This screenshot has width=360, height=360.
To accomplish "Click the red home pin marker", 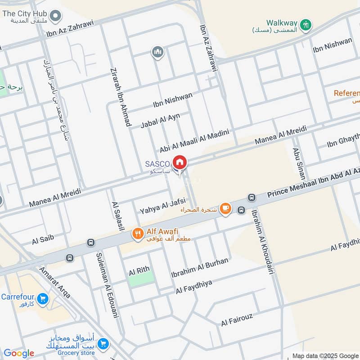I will coord(180,162).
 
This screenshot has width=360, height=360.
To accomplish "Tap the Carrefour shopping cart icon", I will coord(43,298).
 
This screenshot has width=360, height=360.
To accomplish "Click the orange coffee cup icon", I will coord(225,208).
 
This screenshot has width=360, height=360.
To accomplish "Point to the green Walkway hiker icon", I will coord(306,25).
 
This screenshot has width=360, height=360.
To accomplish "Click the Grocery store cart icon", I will coord(103,343).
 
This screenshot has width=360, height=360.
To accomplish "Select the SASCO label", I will coord(157,164).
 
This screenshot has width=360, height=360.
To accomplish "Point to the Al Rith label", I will coord(139,271).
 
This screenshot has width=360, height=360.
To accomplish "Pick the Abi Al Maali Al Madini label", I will coord(194,141).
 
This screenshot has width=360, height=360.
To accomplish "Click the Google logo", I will coord(19,353).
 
